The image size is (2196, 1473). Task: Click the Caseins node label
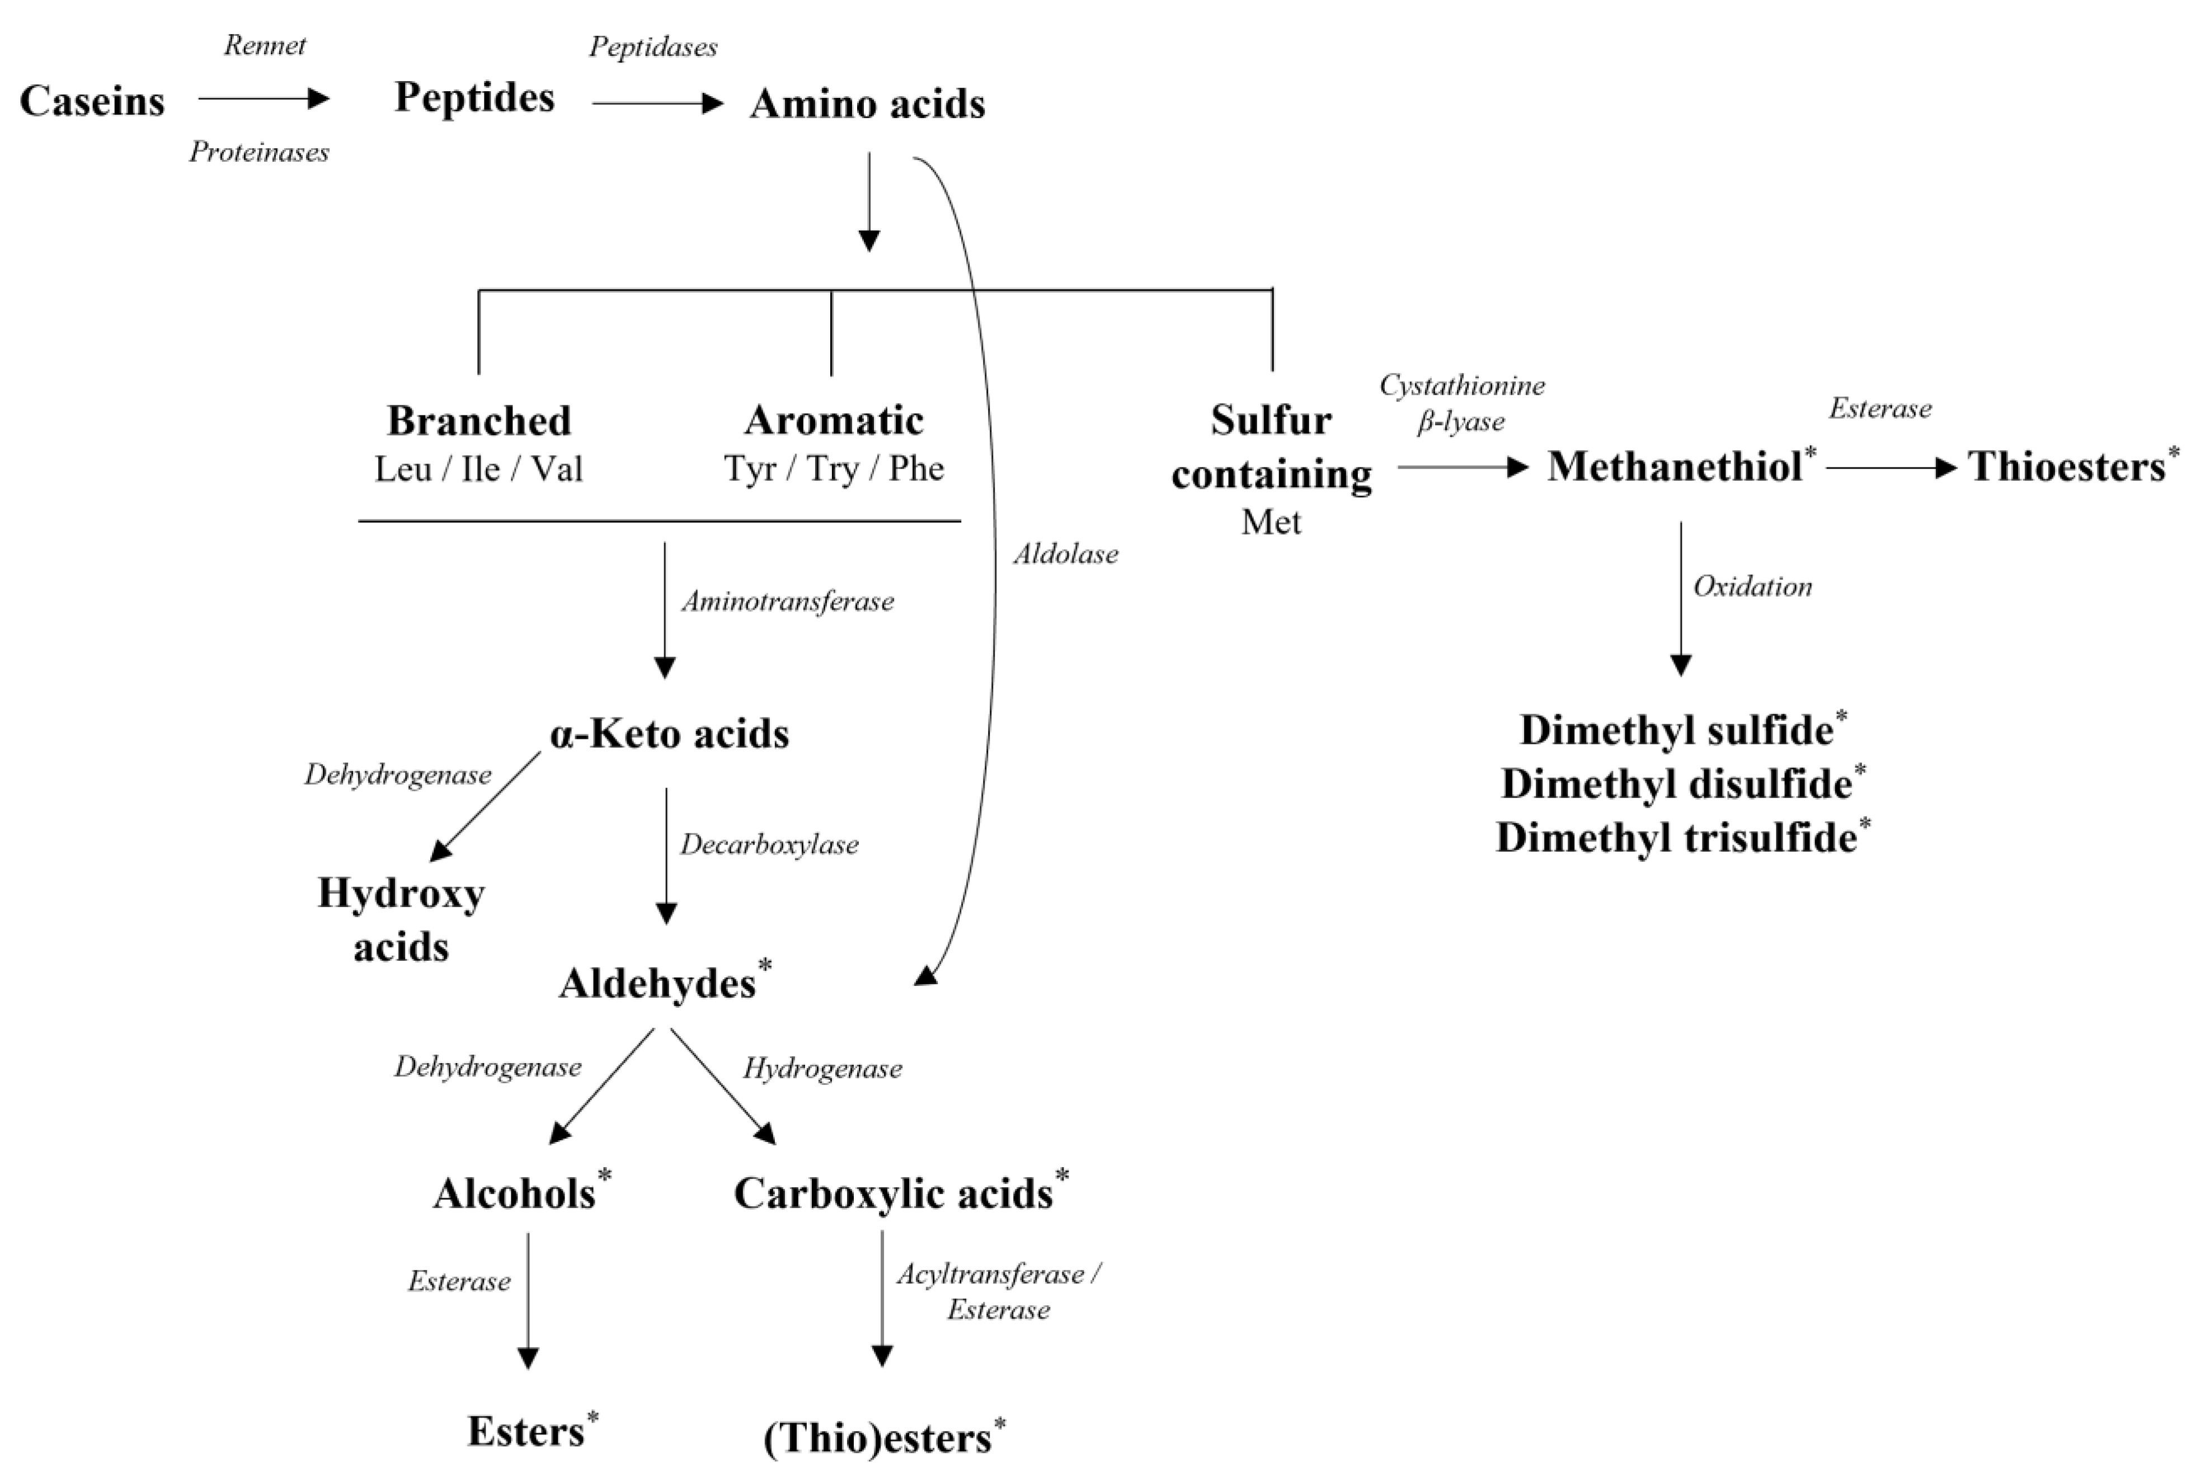[92, 101]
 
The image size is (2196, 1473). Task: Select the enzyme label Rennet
[264, 45]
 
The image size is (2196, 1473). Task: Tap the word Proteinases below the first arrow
[258, 152]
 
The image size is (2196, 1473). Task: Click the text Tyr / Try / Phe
[834, 468]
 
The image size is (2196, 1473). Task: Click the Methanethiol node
[1675, 466]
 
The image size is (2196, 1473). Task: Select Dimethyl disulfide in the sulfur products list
[1676, 783]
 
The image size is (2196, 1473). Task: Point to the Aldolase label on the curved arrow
[1065, 554]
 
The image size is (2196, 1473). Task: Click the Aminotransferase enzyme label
[787, 601]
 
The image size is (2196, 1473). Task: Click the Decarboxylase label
[769, 844]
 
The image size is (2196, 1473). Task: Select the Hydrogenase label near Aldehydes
[822, 1068]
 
